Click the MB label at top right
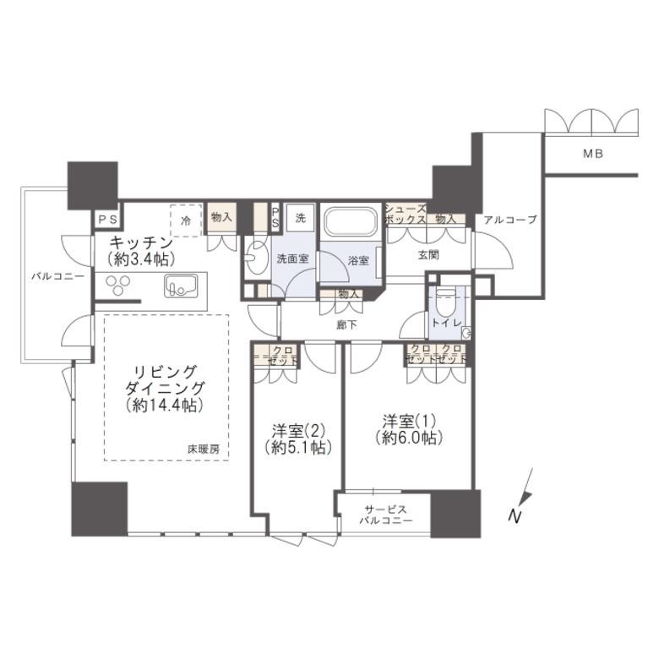593,154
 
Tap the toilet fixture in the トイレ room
444,302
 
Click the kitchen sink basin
181,286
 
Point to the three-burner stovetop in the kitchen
117,285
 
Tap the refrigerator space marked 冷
186,221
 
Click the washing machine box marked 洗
300,218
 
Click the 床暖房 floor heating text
204,449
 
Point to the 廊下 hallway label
347,324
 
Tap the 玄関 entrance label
428,254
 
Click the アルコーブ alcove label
510,220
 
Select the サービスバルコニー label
386,515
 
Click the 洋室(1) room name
409,420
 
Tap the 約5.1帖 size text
298,447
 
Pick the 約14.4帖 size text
165,405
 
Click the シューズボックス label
406,214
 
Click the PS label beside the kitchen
108,220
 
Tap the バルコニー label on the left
58,276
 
